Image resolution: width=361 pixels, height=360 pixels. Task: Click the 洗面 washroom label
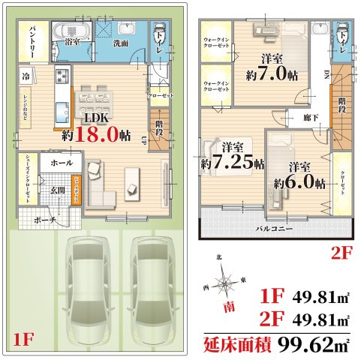point(120,43)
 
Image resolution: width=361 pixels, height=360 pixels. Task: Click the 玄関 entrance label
point(58,190)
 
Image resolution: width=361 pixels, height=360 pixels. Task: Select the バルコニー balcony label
point(274,226)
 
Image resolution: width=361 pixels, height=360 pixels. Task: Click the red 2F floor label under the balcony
point(341,252)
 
